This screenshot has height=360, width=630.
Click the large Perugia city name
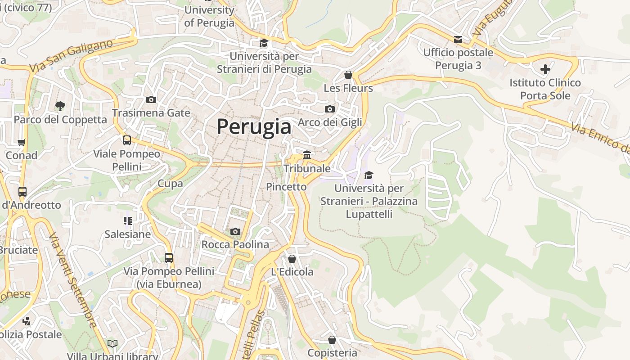tap(254, 126)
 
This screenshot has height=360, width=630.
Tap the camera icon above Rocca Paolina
tap(235, 232)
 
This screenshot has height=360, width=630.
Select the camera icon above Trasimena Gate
tap(151, 100)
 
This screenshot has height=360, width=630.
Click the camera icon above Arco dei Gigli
tap(330, 109)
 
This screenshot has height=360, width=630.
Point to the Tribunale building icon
tap(307, 155)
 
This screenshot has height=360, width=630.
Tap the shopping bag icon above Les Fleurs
tap(348, 75)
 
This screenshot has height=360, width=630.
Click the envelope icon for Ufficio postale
tap(458, 40)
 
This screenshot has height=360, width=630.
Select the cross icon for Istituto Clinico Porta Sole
tap(545, 69)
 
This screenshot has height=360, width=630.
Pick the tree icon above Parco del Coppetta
tap(60, 106)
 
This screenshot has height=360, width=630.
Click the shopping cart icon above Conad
tap(21, 143)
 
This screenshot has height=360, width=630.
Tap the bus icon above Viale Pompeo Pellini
tap(127, 140)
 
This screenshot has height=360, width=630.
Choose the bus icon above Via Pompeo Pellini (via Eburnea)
tap(169, 258)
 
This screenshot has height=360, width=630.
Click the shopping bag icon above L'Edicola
tap(292, 259)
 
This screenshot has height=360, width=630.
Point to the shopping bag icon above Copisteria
tap(332, 340)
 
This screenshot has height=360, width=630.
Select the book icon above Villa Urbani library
tap(112, 344)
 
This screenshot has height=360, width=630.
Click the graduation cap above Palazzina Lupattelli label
tap(369, 175)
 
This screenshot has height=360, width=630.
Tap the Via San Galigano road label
tap(71, 56)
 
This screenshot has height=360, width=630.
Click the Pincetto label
tap(286, 186)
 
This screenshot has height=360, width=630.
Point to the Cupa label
tap(170, 183)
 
